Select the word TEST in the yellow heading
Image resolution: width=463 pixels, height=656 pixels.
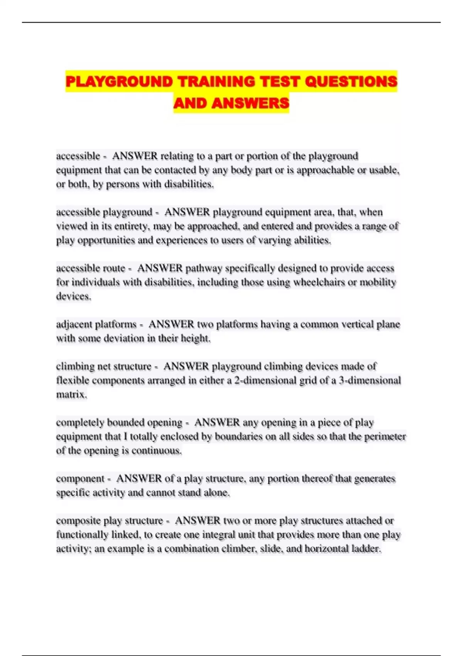tap(281, 82)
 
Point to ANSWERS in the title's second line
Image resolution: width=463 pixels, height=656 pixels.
tap(250, 103)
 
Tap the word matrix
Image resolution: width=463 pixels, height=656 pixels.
tap(71, 394)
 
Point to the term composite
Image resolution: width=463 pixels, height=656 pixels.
tap(78, 521)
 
